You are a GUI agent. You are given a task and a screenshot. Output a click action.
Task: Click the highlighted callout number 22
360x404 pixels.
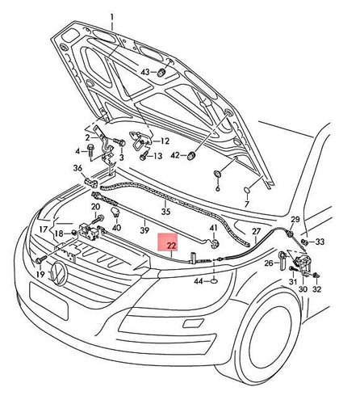pos(171,246)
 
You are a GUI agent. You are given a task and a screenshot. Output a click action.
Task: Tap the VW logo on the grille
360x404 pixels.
pos(59,272)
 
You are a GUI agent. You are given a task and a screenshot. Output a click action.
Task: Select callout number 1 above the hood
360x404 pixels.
pos(112,19)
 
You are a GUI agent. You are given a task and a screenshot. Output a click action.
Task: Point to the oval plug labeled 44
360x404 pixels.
pos(215,282)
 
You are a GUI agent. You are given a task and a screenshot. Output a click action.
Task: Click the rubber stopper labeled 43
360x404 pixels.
pos(161,73)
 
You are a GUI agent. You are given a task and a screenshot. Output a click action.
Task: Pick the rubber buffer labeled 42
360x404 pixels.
pos(191,155)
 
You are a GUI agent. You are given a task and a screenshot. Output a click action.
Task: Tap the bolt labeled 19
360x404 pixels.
pos(40,260)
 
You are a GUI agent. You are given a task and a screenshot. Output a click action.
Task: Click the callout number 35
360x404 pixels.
pos(165,211)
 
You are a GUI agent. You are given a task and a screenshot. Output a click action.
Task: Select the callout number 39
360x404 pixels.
pos(144,230)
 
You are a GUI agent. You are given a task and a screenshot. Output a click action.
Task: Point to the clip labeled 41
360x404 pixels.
pos(216,243)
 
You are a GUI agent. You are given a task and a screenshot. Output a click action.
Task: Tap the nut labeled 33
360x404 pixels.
pos(304,242)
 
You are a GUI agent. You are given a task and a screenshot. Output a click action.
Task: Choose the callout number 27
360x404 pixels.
pos(257,231)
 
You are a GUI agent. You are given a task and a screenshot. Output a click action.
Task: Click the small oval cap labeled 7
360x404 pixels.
pos(247,190)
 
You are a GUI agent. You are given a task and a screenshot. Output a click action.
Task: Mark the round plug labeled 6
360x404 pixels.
pos(217,174)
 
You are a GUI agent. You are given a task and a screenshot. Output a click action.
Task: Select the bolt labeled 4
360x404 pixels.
pos(90,151)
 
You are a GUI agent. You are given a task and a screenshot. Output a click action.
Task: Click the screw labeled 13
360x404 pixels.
pos(143,156)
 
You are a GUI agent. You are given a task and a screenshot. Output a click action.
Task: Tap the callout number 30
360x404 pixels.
pos(303,289)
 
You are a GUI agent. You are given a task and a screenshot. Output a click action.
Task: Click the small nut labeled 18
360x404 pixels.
pos(73,234)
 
